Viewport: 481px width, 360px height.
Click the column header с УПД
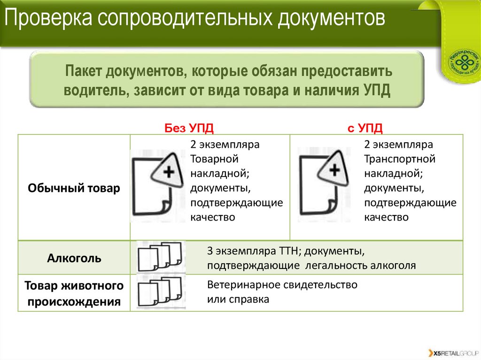click(x=365, y=128)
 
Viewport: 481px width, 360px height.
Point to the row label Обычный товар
click(x=74, y=188)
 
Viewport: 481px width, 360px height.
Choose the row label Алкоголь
click(x=74, y=258)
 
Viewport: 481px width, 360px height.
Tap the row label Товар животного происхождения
click(x=74, y=293)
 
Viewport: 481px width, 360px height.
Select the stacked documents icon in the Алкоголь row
click(x=160, y=256)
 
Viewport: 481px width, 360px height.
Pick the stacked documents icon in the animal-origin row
click(x=160, y=292)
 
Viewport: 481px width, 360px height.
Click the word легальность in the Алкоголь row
click(x=337, y=266)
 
